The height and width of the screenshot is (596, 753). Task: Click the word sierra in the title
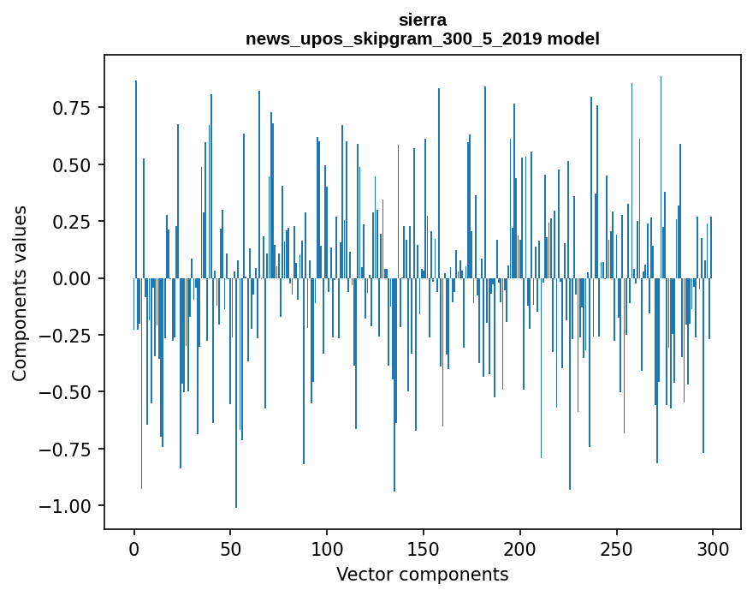click(423, 20)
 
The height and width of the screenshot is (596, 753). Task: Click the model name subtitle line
click(423, 39)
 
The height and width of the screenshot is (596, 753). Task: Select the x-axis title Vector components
click(423, 574)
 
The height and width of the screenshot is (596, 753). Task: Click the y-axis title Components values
click(20, 293)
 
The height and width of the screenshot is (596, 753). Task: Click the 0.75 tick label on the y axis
click(73, 108)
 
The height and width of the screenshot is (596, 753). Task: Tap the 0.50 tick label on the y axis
click(73, 164)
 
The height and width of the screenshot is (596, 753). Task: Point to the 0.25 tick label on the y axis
click(73, 222)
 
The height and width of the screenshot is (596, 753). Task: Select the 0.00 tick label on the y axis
click(73, 278)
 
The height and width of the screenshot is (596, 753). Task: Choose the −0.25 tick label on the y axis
click(68, 335)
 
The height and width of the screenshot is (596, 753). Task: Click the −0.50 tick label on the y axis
click(68, 392)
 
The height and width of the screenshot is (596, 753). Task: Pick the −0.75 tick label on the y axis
click(68, 449)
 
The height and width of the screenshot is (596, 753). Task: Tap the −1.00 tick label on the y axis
click(68, 506)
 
